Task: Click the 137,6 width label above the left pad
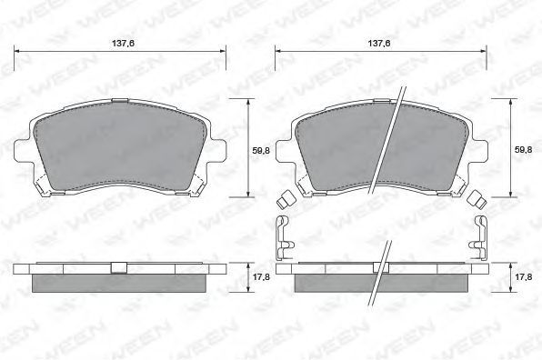[123, 44]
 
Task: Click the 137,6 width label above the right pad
[379, 44]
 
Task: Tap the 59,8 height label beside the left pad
[261, 151]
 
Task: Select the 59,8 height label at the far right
[523, 150]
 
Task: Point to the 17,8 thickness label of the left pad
[261, 277]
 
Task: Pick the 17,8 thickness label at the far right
[523, 277]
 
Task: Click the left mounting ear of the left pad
[22, 150]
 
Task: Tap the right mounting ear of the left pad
[217, 150]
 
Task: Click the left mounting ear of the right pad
[284, 150]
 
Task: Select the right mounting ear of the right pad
[480, 150]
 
